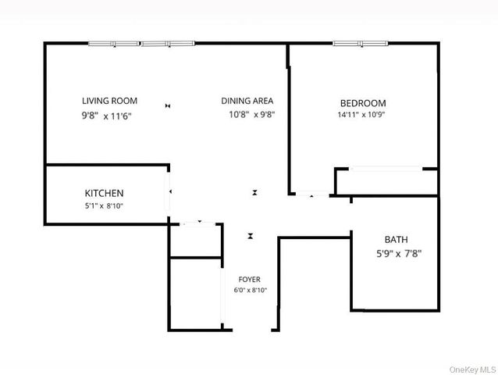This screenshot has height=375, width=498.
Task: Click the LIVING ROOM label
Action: pos(109,101)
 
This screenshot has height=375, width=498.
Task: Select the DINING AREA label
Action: pos(246,101)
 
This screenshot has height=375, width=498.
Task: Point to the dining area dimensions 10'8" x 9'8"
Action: pos(251,114)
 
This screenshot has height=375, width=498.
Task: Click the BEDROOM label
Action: pos(362,103)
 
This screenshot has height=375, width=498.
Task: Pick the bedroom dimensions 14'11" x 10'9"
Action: pos(362,115)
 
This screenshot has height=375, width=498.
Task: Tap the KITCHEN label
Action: pos(104,193)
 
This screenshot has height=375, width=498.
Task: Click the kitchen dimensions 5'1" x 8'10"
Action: pos(103,206)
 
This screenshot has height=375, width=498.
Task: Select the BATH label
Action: pos(396,240)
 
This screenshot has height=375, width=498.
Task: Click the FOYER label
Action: pos(250,279)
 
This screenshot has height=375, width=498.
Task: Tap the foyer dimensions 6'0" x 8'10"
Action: pos(250,291)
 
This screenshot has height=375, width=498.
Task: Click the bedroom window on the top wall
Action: pos(360,43)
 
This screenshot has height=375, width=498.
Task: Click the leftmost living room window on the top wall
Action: pos(113,44)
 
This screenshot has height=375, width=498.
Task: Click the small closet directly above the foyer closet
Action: pos(196,241)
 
